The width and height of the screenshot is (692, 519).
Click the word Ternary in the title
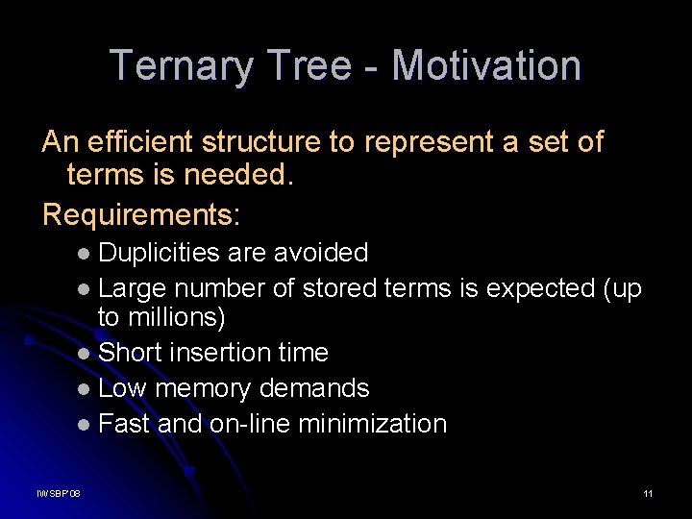click(181, 65)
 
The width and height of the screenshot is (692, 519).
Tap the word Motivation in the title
click(486, 65)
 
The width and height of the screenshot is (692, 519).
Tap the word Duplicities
click(160, 253)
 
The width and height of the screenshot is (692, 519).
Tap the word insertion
click(222, 353)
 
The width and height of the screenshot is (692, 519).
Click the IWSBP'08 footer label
click(59, 494)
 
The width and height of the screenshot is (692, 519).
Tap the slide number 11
click(648, 494)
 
